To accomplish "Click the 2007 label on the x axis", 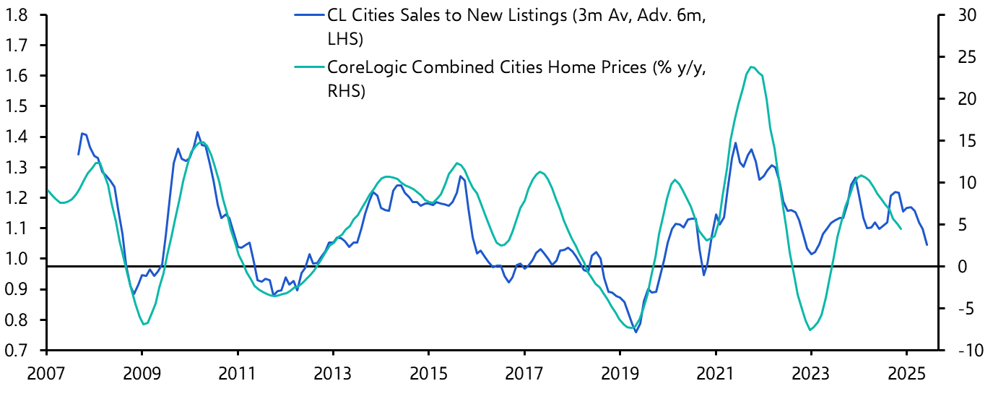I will point(46,376).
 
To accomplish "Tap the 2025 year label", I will point(906,376).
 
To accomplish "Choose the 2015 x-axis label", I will point(428,376).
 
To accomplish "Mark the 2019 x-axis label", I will point(620,376).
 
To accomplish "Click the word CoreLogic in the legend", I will point(362,67).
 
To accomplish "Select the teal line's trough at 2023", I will point(810,330).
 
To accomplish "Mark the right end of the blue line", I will point(927,244).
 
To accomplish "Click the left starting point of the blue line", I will point(78,154).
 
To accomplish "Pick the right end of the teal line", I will point(901,228).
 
